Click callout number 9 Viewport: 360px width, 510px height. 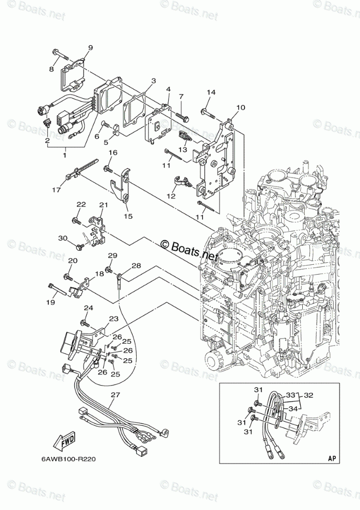coord(90,48)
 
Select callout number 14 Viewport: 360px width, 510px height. coord(211,92)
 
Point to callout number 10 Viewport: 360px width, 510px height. coord(241,107)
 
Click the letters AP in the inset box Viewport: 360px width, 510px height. coord(332,458)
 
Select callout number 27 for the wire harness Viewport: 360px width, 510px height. coord(116,395)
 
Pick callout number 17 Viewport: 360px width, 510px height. coord(57,189)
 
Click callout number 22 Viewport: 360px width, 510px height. coord(81,204)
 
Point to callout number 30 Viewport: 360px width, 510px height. coord(63,238)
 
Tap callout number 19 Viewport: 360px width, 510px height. coord(51,302)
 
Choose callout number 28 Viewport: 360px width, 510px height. coord(136,266)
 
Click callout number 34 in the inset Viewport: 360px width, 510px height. coord(293,409)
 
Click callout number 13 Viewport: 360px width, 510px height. coord(183,149)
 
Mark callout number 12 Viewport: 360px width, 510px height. coord(171,196)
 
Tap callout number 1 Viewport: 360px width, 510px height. coord(64,155)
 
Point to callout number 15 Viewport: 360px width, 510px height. coord(128,216)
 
